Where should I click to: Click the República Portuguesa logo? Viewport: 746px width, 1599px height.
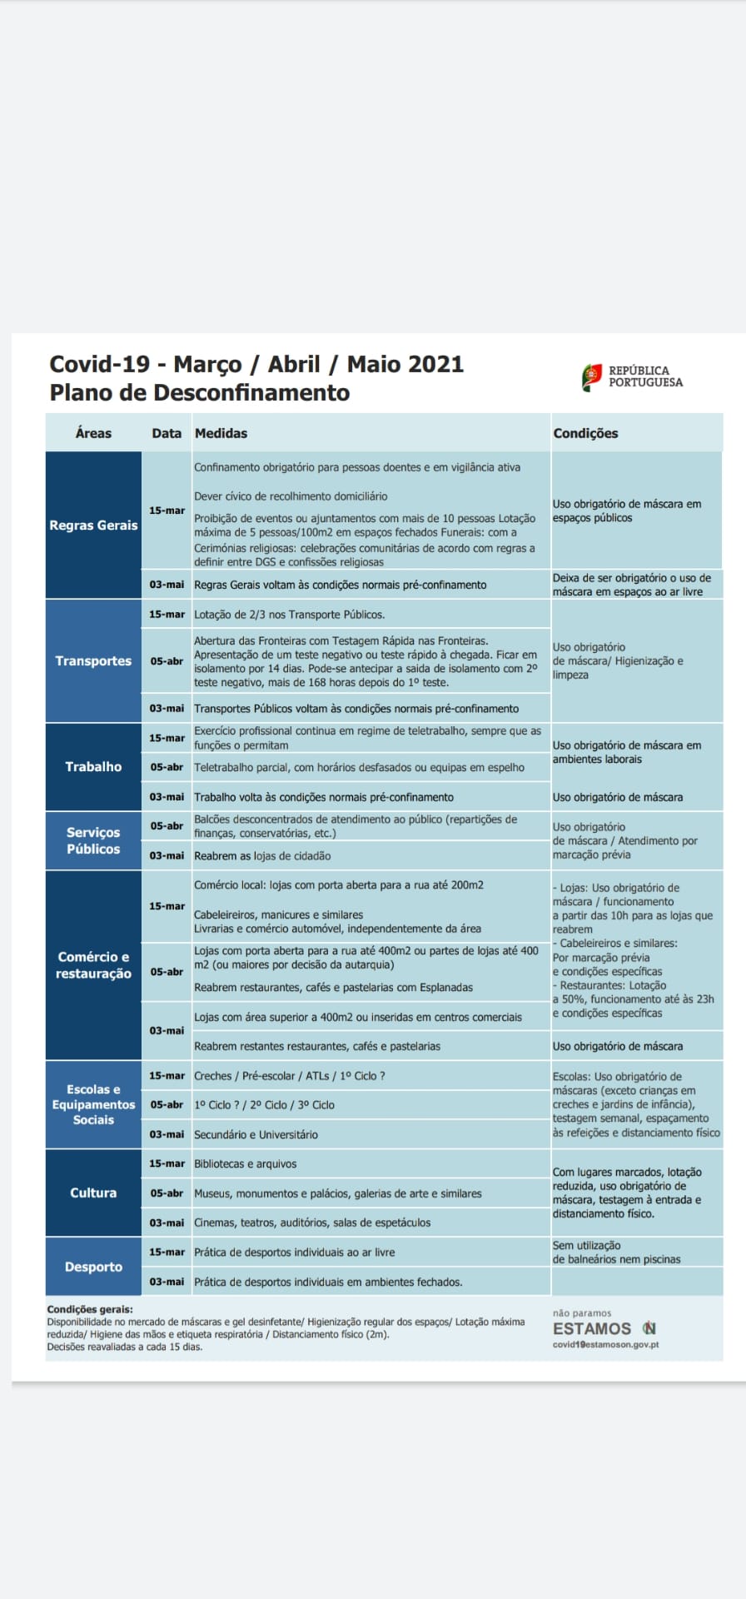tap(632, 376)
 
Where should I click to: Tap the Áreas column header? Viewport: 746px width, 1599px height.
tap(93, 433)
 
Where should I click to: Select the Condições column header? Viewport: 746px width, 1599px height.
tap(585, 433)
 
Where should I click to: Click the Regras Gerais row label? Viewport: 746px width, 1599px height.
tap(93, 526)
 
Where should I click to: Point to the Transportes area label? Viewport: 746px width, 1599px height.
tap(93, 661)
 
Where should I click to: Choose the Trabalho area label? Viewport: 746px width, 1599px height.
tap(93, 767)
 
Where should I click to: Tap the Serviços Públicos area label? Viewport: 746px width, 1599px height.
tap(93, 840)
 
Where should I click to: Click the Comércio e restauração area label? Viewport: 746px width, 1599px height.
tap(93, 965)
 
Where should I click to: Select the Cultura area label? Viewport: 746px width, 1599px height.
tap(93, 1193)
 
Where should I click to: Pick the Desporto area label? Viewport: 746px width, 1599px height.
tap(93, 1267)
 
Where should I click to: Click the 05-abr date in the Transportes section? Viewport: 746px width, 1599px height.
tap(167, 661)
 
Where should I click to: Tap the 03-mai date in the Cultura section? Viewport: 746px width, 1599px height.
tap(167, 1223)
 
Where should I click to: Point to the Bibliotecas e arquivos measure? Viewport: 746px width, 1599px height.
tap(246, 1164)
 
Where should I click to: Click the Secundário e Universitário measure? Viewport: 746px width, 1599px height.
tap(256, 1134)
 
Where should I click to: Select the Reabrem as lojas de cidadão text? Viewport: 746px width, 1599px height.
tap(262, 856)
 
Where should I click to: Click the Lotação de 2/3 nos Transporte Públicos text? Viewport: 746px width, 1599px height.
tap(289, 615)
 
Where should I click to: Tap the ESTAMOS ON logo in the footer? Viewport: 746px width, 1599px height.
tap(604, 1328)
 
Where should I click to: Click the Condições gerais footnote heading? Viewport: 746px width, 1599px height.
tap(90, 1309)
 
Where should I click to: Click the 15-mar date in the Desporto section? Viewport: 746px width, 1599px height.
tap(167, 1252)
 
